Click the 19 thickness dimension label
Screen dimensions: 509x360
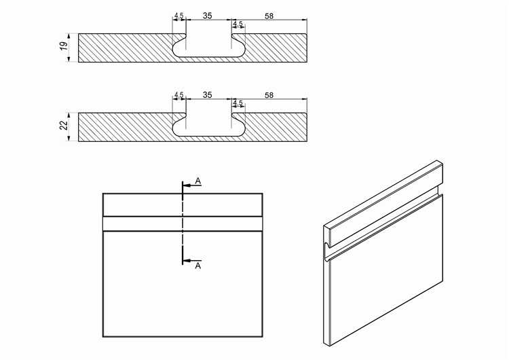64,46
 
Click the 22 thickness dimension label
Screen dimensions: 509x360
64,125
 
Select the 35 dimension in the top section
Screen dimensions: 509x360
208,15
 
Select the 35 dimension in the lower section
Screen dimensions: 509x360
208,94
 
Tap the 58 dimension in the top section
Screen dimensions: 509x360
269,16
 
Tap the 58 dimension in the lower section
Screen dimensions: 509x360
269,95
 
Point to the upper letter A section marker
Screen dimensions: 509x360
198,181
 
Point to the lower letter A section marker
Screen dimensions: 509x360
198,266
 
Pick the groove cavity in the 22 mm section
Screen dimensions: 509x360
208,128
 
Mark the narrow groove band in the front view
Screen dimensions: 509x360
183,224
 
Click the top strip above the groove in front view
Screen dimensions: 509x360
183,205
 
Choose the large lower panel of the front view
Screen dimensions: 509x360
183,284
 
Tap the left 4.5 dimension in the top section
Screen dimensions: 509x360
179,16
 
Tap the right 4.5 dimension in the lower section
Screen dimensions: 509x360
238,103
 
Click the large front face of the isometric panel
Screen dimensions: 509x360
386,270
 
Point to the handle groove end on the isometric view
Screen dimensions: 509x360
326,251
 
